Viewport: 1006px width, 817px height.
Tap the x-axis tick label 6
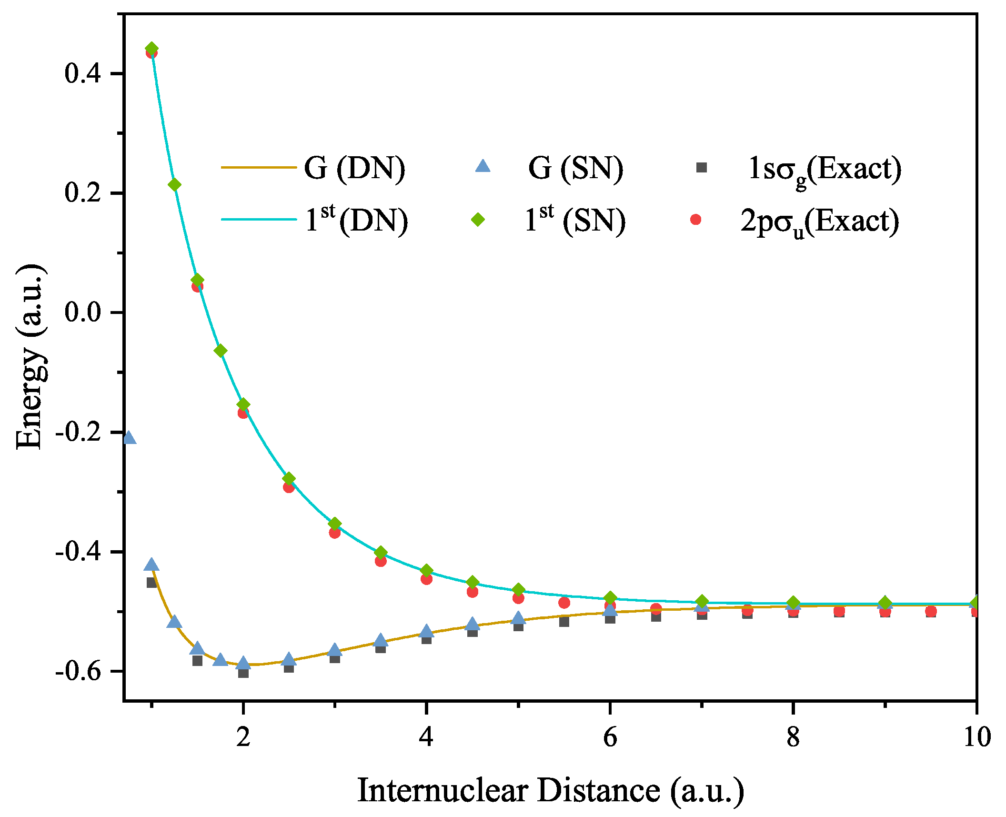(x=610, y=737)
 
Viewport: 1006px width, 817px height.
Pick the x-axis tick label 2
(x=243, y=737)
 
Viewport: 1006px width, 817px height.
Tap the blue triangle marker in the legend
(x=483, y=166)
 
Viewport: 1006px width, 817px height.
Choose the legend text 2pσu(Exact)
(x=819, y=221)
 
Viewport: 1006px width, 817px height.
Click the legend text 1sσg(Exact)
(x=825, y=169)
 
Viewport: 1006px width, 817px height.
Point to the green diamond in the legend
(x=478, y=219)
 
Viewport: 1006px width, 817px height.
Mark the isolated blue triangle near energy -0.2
(x=129, y=438)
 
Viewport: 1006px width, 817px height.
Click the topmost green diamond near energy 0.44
(x=152, y=49)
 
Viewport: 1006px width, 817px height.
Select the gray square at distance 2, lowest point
(x=243, y=673)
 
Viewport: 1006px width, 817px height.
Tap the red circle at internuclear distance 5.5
(x=564, y=603)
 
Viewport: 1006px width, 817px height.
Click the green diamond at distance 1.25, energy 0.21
(x=175, y=185)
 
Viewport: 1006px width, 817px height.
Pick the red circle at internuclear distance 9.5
(x=931, y=611)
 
